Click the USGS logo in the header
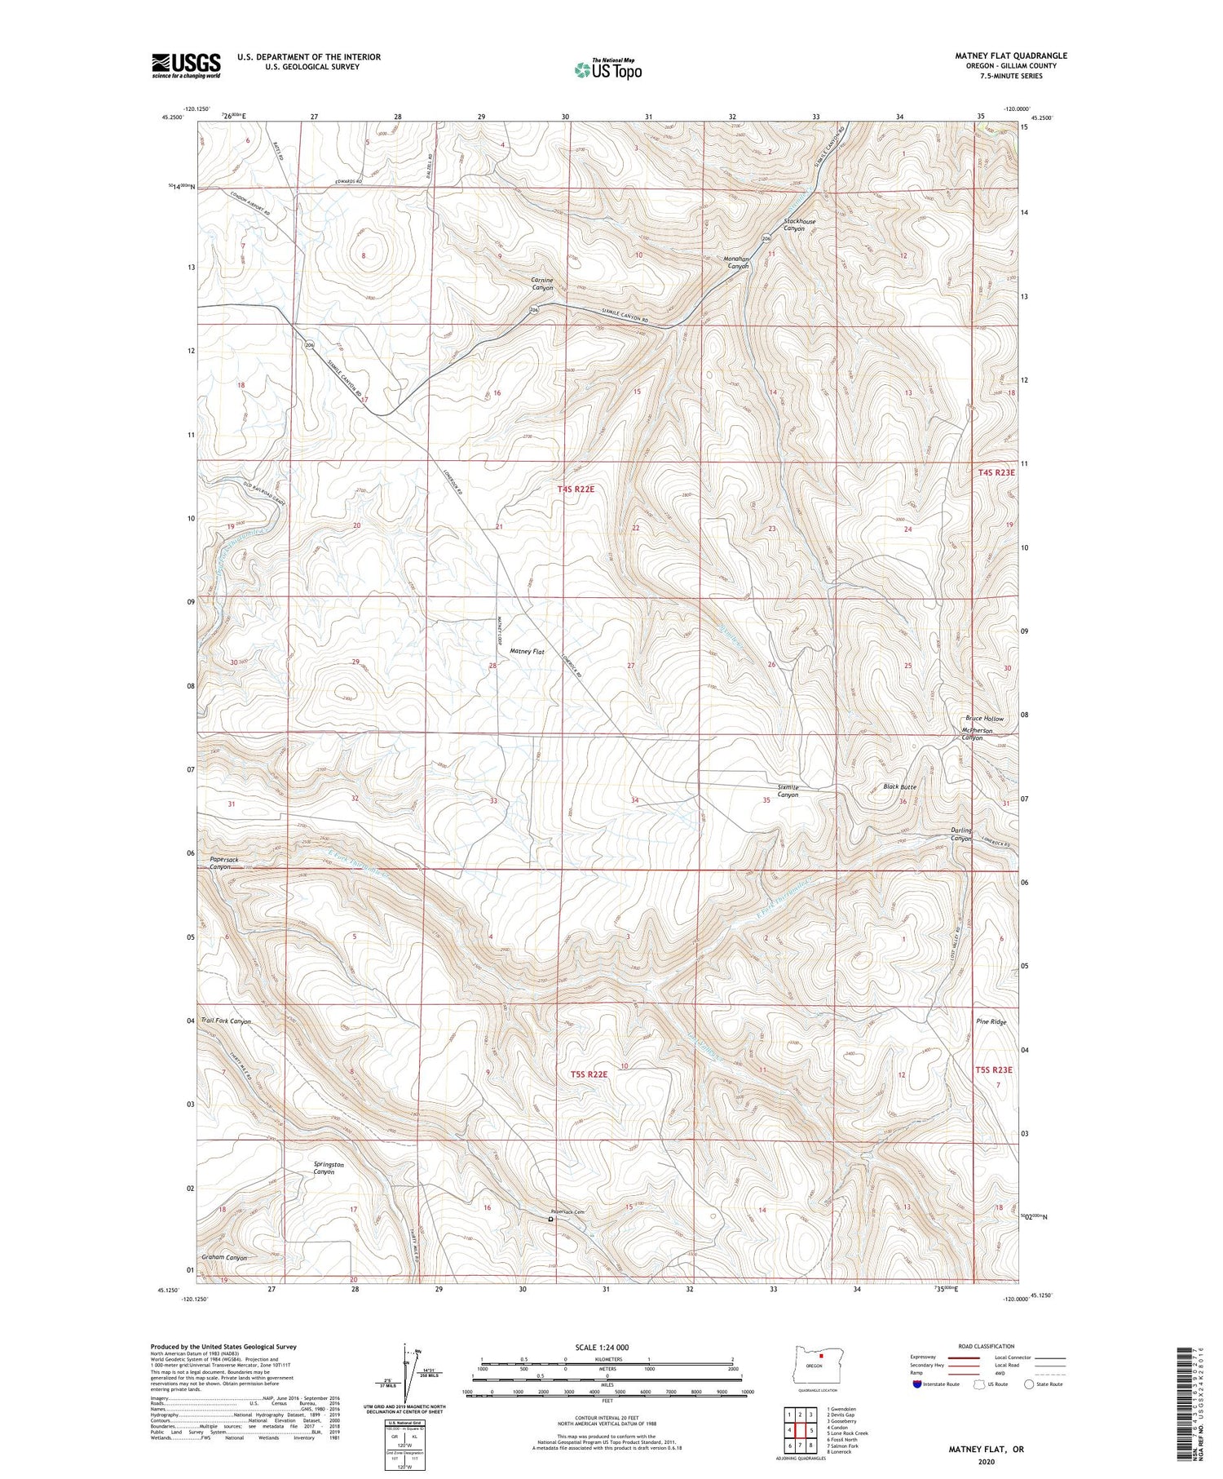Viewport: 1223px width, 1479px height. tap(186, 65)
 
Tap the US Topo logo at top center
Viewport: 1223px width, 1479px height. tap(607, 69)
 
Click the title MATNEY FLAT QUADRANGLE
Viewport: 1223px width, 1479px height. tap(1010, 55)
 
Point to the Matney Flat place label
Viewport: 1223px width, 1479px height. tap(527, 651)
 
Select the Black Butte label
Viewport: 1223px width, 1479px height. tap(899, 786)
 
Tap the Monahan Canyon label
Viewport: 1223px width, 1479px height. tap(736, 262)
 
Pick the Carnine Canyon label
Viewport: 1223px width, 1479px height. tap(542, 283)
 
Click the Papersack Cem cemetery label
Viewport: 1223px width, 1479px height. tap(568, 1211)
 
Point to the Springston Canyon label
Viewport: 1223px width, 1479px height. tap(329, 1168)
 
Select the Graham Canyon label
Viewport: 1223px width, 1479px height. tap(224, 1257)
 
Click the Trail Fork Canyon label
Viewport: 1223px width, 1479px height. tap(227, 1021)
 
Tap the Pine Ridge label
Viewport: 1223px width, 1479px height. tap(991, 1021)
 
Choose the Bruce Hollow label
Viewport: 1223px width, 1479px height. tap(985, 719)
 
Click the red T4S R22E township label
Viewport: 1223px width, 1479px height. tap(576, 489)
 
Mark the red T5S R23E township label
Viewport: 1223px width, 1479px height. tap(994, 1069)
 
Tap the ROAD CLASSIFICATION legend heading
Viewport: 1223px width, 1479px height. tap(987, 1346)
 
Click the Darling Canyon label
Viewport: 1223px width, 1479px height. tap(961, 835)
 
